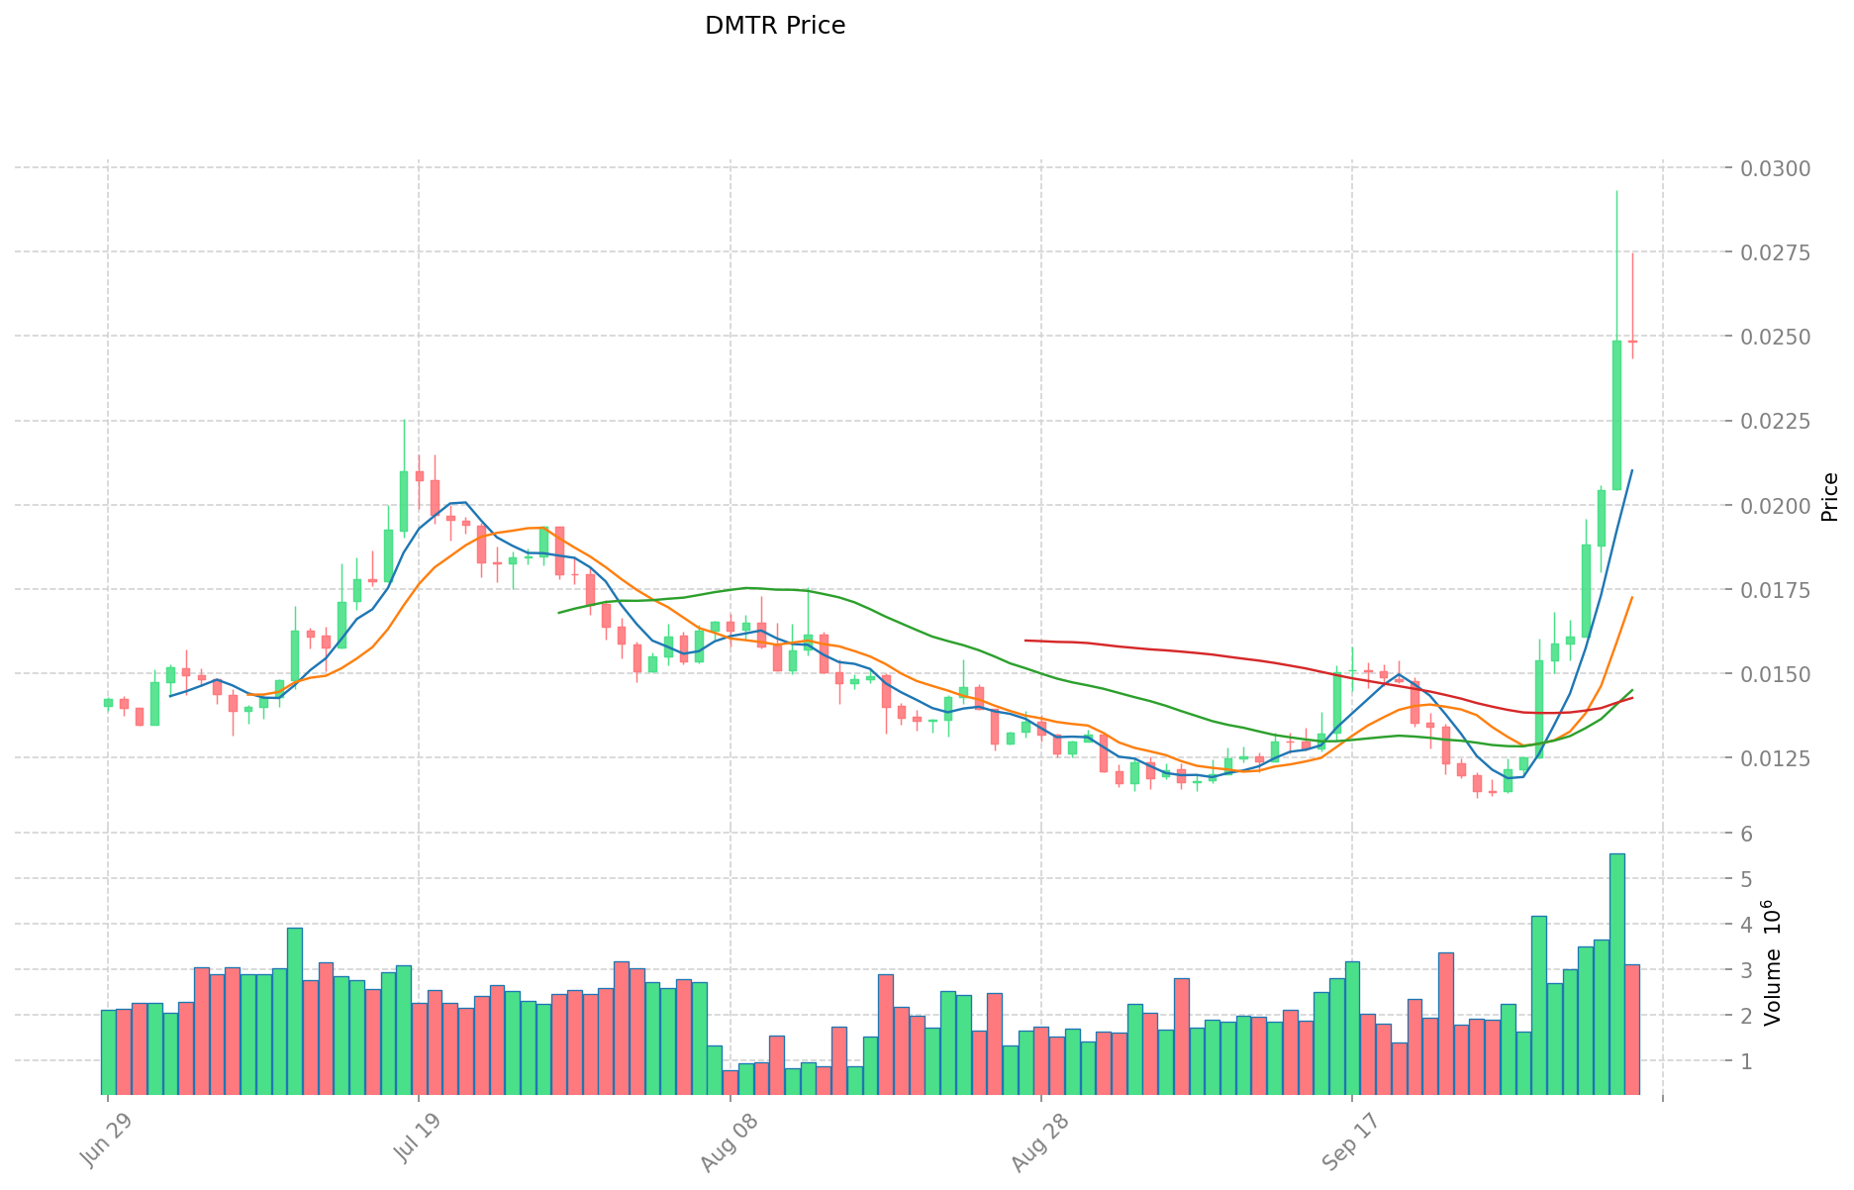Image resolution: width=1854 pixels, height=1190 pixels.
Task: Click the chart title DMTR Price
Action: tap(774, 26)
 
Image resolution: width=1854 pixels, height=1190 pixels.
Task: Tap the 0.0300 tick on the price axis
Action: tap(1782, 168)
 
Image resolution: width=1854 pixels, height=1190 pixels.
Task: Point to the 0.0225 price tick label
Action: tap(1782, 422)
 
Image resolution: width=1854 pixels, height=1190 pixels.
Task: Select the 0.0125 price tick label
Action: tap(1782, 758)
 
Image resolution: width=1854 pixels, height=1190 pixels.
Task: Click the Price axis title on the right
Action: tap(1830, 497)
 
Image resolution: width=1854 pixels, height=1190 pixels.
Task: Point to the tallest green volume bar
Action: tap(1616, 973)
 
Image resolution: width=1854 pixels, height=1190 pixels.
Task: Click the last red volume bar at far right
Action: tap(1632, 1029)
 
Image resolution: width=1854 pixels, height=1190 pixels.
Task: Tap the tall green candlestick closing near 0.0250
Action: tap(1616, 415)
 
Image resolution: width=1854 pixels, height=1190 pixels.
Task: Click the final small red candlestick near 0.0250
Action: tap(1632, 342)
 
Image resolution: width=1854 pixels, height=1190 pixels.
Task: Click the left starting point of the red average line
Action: tap(1025, 641)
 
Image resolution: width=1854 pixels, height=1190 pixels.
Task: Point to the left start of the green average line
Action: tap(559, 613)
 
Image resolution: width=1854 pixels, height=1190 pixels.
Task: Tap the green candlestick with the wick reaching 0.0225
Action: tap(403, 501)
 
